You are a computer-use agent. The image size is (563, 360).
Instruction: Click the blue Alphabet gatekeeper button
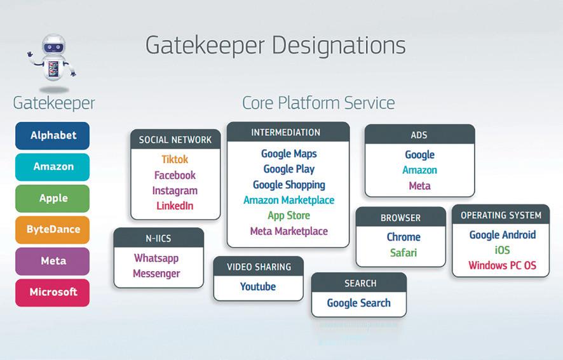coord(53,135)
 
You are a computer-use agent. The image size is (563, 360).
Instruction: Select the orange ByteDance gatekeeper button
coord(53,229)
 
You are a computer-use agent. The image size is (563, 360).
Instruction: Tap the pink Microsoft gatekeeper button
coord(53,292)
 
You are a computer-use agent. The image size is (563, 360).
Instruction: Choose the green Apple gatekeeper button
coord(53,198)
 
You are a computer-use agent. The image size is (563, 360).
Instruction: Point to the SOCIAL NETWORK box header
coord(175,140)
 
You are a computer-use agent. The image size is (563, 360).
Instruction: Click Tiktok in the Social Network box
coord(175,159)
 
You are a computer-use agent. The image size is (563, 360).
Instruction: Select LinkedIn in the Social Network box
coord(175,206)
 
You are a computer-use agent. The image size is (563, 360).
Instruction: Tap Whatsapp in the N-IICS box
coord(156,258)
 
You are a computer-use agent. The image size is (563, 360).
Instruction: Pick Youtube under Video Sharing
coord(258,286)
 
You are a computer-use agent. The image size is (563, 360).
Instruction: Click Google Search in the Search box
coord(359,303)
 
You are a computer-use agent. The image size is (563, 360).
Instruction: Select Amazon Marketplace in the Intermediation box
coord(288,200)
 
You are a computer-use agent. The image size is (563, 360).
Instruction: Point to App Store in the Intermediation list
coord(288,216)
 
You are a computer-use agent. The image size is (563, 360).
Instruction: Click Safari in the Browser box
coord(404,252)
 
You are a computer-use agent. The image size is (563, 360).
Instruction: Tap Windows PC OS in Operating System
coord(503,265)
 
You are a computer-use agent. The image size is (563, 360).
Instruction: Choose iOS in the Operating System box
coord(503,250)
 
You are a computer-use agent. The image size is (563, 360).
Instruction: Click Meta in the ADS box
coord(419,185)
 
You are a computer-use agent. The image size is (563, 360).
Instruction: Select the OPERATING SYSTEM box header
coord(501,215)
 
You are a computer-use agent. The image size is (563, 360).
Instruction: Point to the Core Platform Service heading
coord(318,103)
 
